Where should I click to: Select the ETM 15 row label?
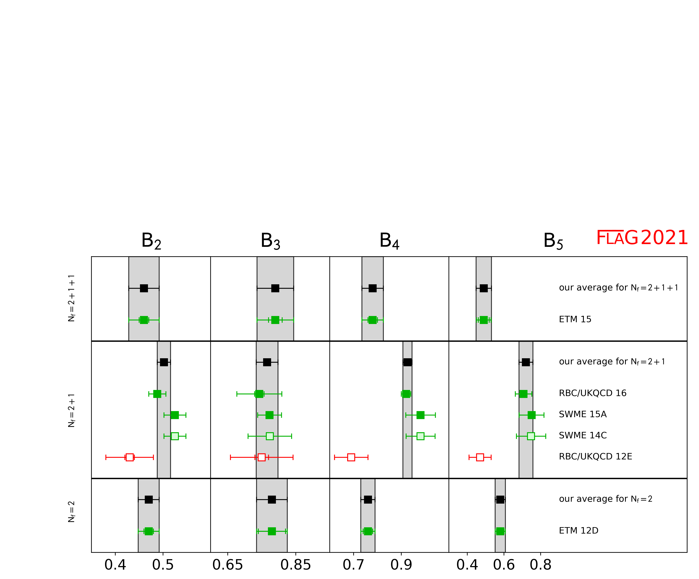pyautogui.click(x=575, y=320)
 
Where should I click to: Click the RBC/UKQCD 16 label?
pyautogui.click(x=593, y=393)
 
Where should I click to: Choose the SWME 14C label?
pyautogui.click(x=583, y=436)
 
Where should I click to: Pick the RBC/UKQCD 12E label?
pyautogui.click(x=595, y=457)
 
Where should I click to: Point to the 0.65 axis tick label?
pyautogui.click(x=228, y=565)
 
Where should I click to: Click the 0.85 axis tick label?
pyautogui.click(x=296, y=565)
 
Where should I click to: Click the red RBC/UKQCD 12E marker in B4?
pyautogui.click(x=351, y=457)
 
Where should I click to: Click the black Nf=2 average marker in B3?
pyautogui.click(x=272, y=500)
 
